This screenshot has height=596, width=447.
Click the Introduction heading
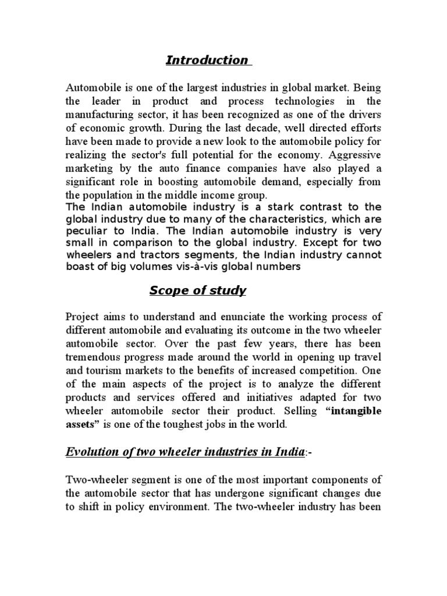(x=207, y=60)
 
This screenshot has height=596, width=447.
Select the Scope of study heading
(x=197, y=290)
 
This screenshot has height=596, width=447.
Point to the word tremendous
(x=93, y=356)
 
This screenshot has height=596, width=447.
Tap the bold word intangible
(x=353, y=410)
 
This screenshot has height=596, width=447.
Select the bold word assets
(x=82, y=424)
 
